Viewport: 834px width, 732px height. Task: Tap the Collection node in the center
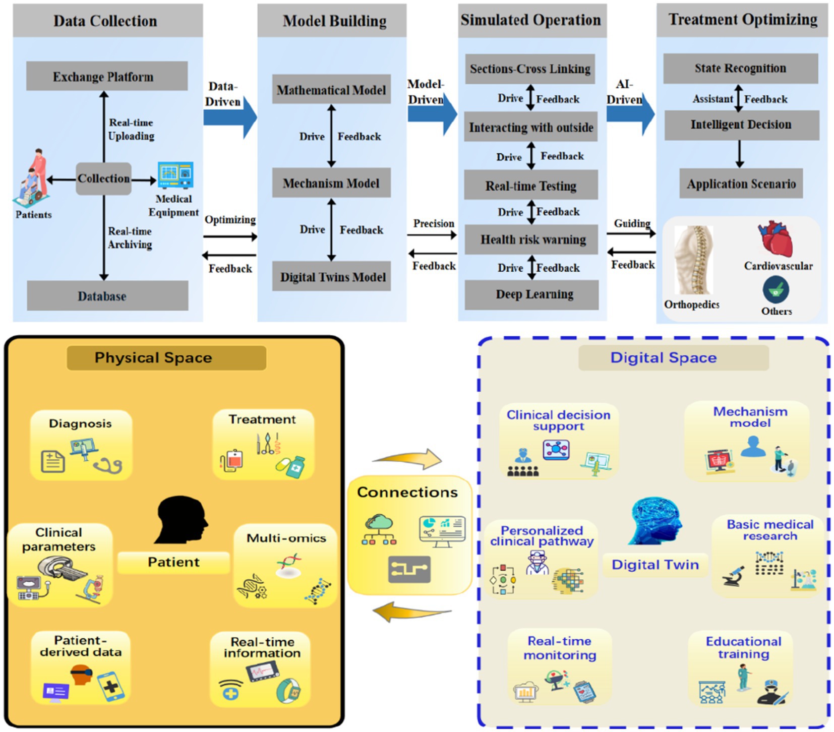coord(103,178)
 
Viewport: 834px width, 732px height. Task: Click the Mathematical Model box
coord(331,90)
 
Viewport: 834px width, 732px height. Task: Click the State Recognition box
coord(740,68)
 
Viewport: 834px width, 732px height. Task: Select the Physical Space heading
coord(166,358)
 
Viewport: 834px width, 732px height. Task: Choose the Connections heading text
coord(407,493)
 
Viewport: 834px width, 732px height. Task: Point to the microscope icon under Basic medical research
coord(734,575)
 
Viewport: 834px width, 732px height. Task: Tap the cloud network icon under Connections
coord(379,530)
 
